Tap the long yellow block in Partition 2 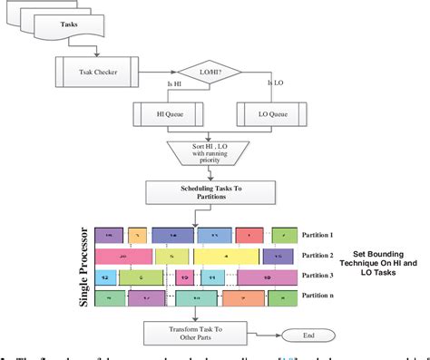coord(227,256)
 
